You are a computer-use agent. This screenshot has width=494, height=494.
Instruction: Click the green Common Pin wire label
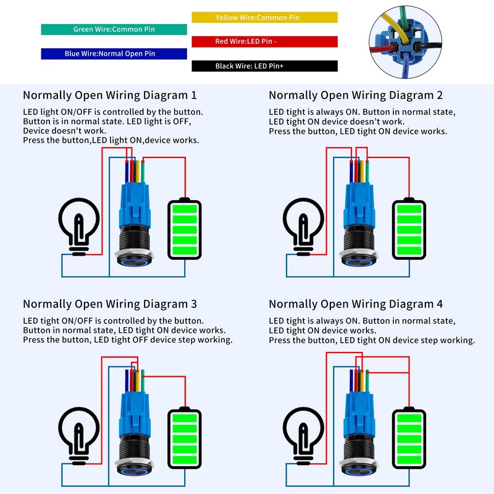pyautogui.click(x=114, y=29)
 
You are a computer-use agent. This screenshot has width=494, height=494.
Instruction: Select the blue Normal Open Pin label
pyautogui.click(x=114, y=54)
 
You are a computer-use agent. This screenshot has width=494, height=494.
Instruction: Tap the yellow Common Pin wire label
pyautogui.click(x=264, y=17)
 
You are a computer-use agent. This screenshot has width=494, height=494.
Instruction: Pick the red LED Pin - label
pyautogui.click(x=264, y=41)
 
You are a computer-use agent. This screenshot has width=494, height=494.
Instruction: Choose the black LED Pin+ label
pyautogui.click(x=264, y=66)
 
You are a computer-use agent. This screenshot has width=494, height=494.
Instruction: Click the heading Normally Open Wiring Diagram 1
pyautogui.click(x=110, y=96)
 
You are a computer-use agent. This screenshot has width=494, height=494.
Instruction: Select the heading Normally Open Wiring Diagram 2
pyautogui.click(x=356, y=96)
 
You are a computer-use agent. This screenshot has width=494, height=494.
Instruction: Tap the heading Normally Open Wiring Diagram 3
pyautogui.click(x=110, y=304)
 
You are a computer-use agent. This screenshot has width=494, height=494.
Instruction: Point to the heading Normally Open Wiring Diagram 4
pyautogui.click(x=356, y=304)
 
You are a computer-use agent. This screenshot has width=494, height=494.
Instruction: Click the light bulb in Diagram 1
pyautogui.click(x=78, y=225)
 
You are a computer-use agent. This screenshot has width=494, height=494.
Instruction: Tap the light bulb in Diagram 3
pyautogui.click(x=78, y=434)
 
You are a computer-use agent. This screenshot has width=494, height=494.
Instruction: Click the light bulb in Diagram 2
pyautogui.click(x=303, y=225)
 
